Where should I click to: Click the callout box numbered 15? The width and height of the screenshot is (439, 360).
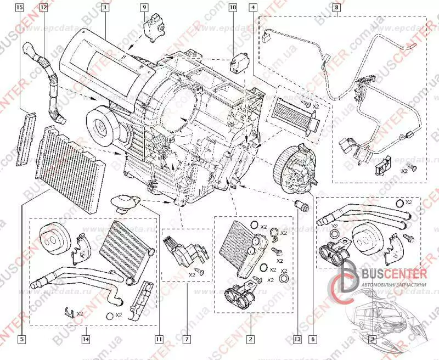pos(20,8)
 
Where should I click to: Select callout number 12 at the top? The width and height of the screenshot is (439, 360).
pos(43,8)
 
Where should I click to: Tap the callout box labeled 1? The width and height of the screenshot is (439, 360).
pos(104,8)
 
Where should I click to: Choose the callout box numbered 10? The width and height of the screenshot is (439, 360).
pos(232,8)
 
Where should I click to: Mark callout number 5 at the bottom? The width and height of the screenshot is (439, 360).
pos(21,339)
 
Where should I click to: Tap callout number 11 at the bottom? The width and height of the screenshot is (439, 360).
pos(159,339)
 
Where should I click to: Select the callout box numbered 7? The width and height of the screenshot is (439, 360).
pos(186,339)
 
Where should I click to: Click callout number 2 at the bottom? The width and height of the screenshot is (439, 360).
pos(250,339)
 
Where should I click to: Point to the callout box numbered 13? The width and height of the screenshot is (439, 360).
pos(298,339)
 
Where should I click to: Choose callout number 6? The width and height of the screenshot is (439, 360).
pos(314,339)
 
